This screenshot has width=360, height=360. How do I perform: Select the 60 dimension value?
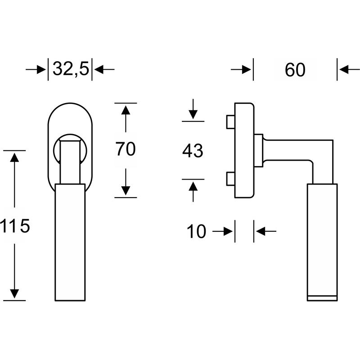point(295,70)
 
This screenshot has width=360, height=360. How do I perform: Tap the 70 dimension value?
point(126,149)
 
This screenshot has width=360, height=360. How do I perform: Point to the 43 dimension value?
point(193,151)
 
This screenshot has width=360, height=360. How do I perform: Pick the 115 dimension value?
point(15,226)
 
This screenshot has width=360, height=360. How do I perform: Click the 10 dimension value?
point(196,232)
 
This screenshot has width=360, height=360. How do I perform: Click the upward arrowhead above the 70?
point(126,110)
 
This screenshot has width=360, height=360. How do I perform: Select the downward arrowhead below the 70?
point(126,190)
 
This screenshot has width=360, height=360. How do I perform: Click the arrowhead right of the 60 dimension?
point(344,70)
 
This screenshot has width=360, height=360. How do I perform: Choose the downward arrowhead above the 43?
point(193,114)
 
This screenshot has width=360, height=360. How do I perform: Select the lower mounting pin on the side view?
point(229,179)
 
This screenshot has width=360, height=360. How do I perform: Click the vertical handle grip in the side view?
point(322,238)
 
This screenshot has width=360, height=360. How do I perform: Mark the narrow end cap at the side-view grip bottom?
point(322,298)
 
